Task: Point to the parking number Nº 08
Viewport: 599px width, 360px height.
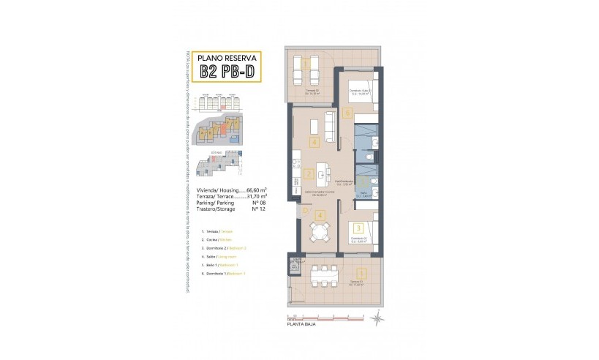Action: [x=256, y=203]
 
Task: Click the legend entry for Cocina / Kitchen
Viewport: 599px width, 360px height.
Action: [x=219, y=240]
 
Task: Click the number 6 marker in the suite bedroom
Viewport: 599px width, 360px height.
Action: [x=347, y=113]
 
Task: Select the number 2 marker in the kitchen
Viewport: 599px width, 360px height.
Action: [x=309, y=174]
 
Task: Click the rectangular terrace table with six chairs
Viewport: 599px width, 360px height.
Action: [x=320, y=275]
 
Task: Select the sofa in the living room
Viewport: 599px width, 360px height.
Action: [x=329, y=127]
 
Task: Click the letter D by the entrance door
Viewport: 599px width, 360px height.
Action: [x=305, y=211]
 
